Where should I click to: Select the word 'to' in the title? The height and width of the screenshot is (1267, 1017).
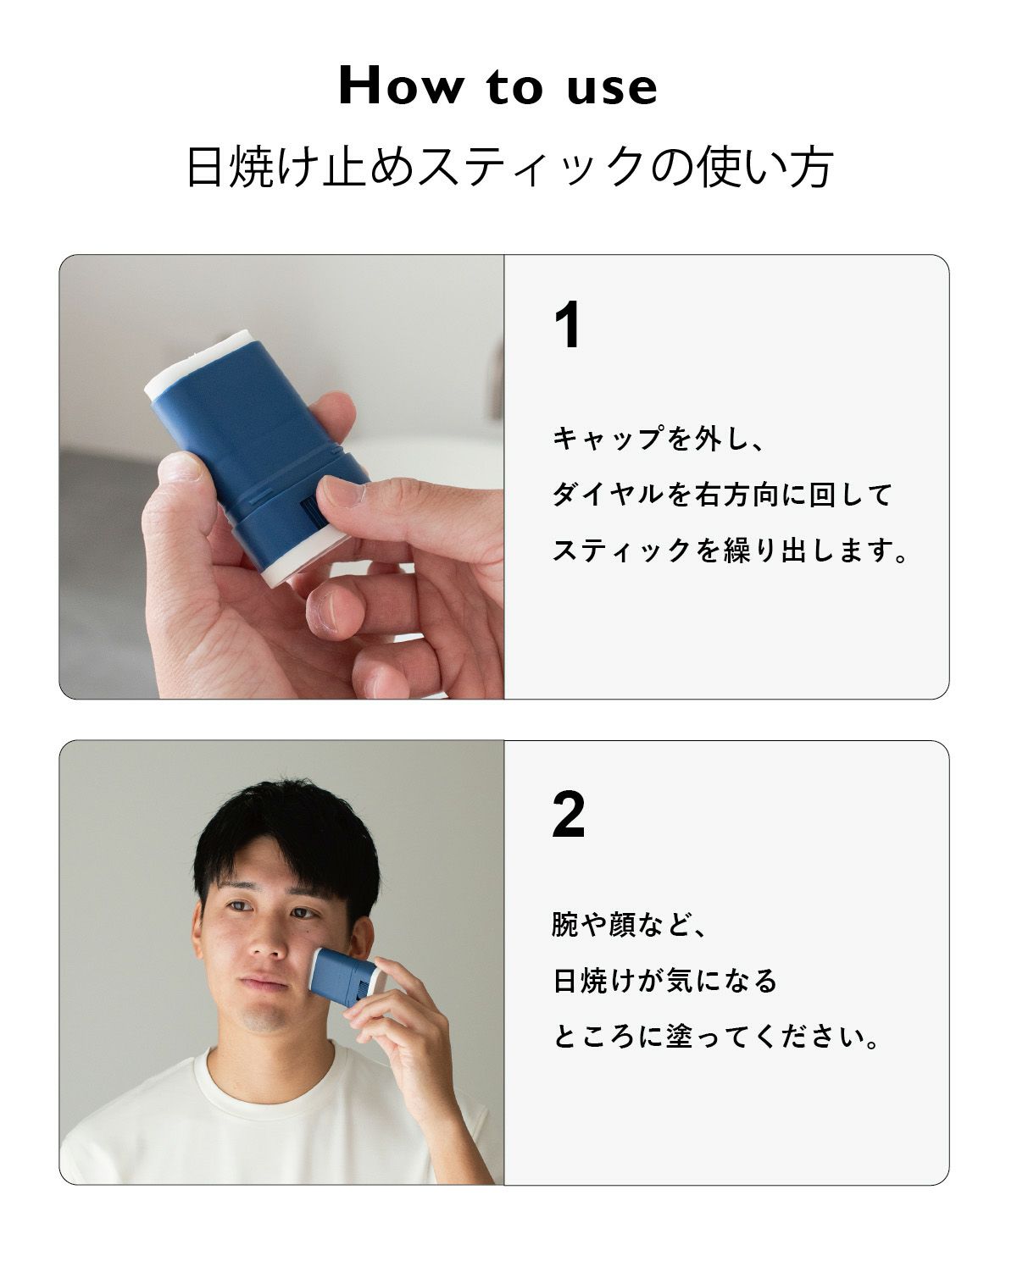pyautogui.click(x=514, y=87)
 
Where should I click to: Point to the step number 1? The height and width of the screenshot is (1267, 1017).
pyautogui.click(x=568, y=325)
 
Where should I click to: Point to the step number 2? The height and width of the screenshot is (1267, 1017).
pyautogui.click(x=569, y=814)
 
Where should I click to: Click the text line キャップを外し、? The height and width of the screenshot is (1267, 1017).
pyautogui.click(x=659, y=440)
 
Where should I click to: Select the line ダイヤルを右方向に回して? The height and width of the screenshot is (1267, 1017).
pyautogui.click(x=722, y=495)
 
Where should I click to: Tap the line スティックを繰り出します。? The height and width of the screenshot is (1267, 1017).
pyautogui.click(x=731, y=550)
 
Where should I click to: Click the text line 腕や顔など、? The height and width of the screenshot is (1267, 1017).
pyautogui.click(x=630, y=924)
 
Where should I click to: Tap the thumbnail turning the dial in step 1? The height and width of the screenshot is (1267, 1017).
pyautogui.click(x=339, y=491)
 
